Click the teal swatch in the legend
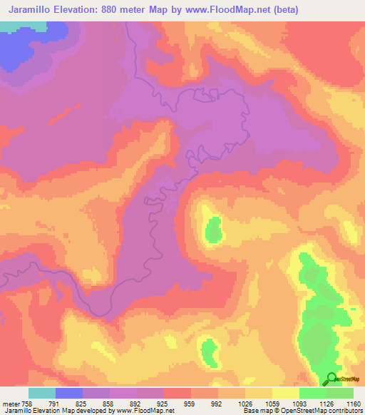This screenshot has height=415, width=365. point(42,392)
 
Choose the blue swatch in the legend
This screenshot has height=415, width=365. point(69,392)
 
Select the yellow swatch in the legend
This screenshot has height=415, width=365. point(286,392)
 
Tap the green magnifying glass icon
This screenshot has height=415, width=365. point(331,379)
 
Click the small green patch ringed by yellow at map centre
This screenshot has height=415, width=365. point(213,231)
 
